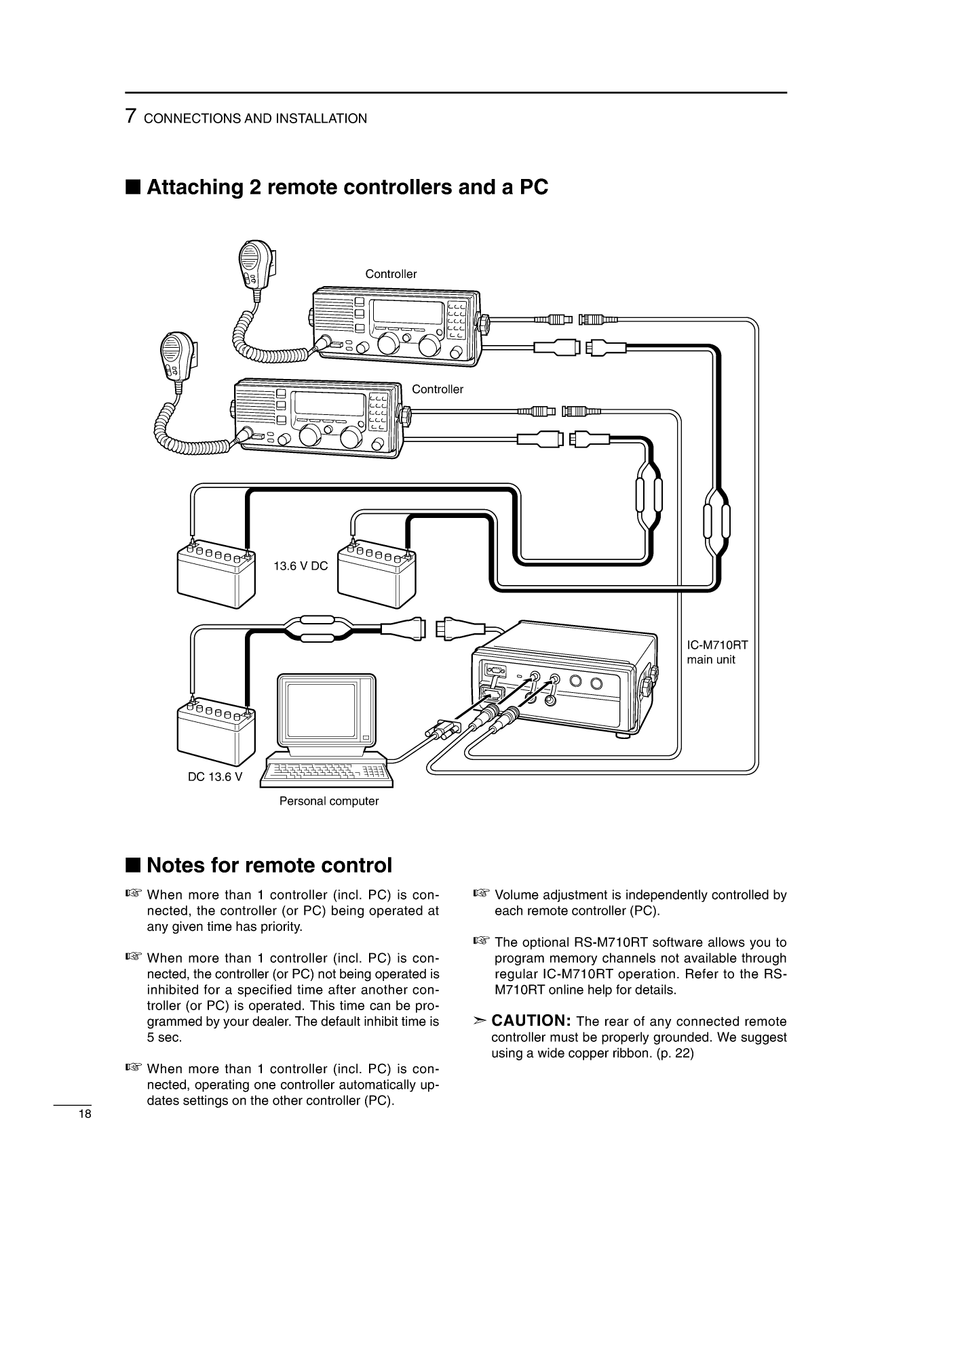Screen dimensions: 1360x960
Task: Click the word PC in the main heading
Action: (533, 187)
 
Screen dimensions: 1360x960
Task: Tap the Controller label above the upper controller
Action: (391, 275)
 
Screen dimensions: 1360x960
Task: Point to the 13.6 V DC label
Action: (301, 566)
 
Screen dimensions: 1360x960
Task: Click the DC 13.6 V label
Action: (215, 777)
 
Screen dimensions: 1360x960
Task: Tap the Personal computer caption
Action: (329, 801)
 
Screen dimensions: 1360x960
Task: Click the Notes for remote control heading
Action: (269, 866)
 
